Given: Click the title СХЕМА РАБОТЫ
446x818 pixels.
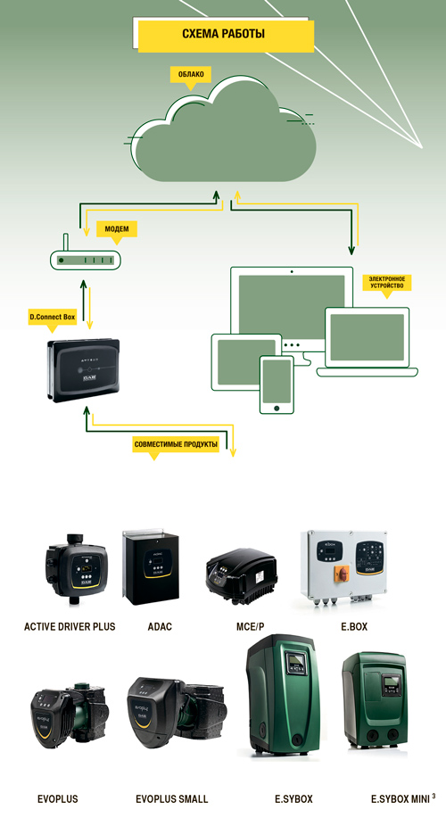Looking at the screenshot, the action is (x=223, y=34).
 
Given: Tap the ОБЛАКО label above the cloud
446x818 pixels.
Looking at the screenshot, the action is (x=191, y=75).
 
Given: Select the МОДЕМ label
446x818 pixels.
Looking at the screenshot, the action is (x=117, y=228).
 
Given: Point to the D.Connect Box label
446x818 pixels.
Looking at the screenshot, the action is (x=52, y=318).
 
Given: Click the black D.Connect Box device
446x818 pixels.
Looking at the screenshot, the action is (x=84, y=370).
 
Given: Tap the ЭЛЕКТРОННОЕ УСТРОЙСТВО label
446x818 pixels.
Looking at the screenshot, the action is (x=386, y=282).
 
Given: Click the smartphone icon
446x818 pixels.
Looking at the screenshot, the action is (x=277, y=384).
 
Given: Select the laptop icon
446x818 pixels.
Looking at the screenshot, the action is (x=368, y=342).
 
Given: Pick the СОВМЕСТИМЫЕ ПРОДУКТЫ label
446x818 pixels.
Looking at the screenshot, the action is (x=175, y=445).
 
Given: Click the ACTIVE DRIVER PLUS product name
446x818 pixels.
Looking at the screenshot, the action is (x=70, y=626).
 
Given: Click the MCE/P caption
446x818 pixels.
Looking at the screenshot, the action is (x=246, y=626).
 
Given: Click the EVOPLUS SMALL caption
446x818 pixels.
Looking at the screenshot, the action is (x=171, y=799).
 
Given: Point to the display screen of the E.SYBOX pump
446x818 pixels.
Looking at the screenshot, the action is (x=298, y=661).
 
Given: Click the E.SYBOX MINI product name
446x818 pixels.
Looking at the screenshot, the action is (x=401, y=799).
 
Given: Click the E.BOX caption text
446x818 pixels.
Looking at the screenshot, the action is (x=354, y=626).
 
